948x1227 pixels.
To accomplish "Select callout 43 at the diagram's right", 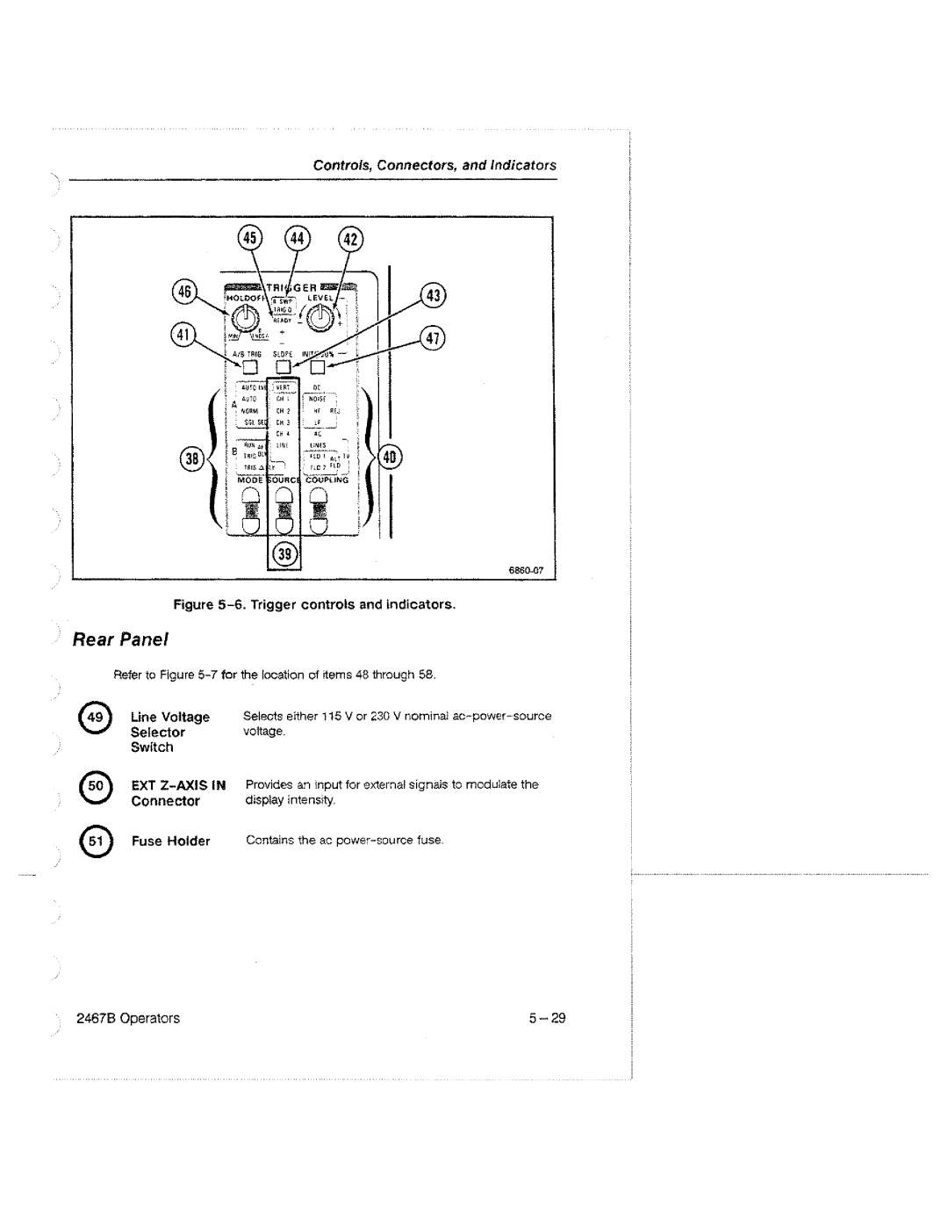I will (433, 296).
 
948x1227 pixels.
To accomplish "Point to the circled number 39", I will (284, 555).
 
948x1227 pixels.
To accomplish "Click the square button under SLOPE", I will (283, 367).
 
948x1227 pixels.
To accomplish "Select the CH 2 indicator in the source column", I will (283, 410).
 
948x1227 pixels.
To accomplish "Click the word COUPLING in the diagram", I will (327, 480).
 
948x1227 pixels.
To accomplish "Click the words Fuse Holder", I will (171, 841).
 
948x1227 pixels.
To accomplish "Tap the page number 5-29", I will (547, 1019).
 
